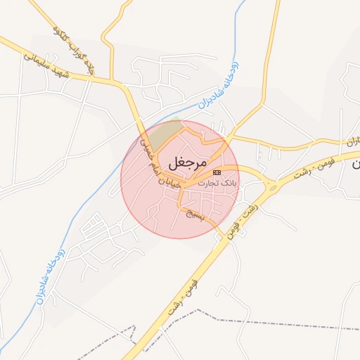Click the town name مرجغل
(188, 162)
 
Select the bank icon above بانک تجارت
(217, 172)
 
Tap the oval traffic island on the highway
(271, 186)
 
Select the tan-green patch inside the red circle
(167, 133)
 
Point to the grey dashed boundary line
(281, 326)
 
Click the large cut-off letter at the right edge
(355, 163)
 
